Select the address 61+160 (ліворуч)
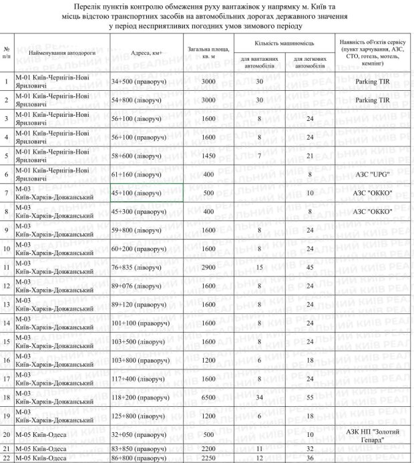(136, 174)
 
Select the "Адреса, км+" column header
(146, 51)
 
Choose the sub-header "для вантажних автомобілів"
(256, 63)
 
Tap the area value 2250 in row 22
(208, 459)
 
